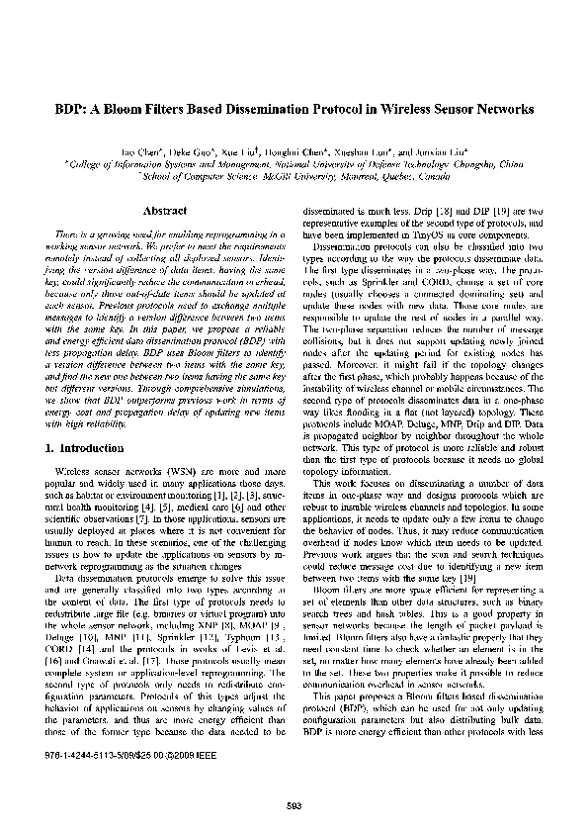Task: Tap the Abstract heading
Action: pyautogui.click(x=166, y=211)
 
